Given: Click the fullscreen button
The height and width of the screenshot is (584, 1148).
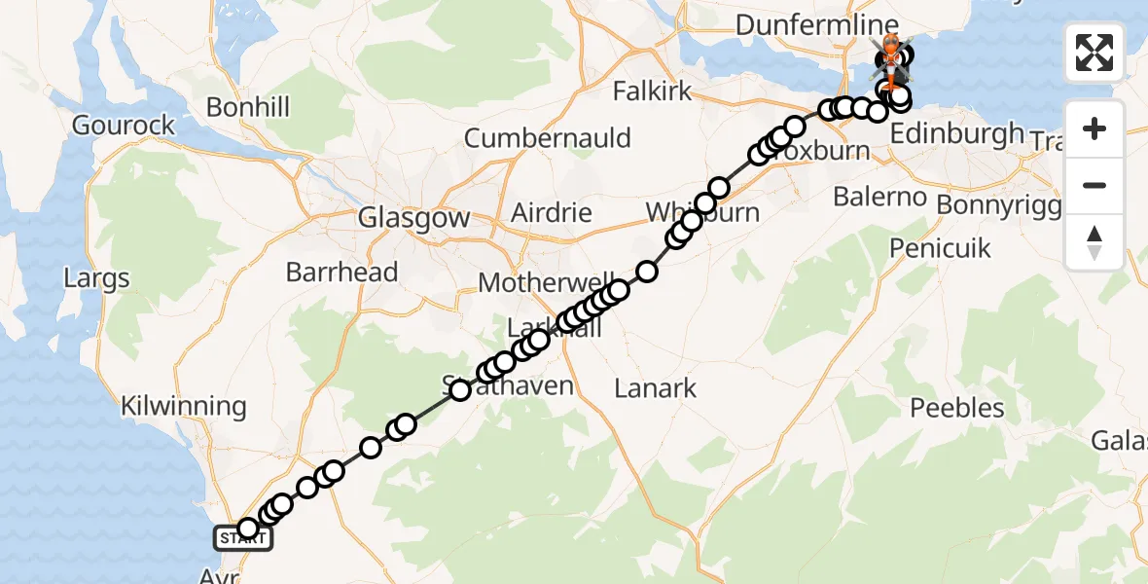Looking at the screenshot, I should click(x=1094, y=53).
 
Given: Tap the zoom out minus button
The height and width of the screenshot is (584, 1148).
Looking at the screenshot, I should click(x=1094, y=185).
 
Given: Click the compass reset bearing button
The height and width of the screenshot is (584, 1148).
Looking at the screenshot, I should click(x=1094, y=241).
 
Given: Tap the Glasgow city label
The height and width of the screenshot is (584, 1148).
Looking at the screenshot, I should click(x=413, y=218).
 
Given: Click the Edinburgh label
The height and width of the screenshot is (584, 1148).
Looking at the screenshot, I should click(x=957, y=133).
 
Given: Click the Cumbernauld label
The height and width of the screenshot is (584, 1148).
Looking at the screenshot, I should click(x=547, y=138).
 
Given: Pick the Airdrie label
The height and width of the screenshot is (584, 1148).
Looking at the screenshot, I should click(x=552, y=212).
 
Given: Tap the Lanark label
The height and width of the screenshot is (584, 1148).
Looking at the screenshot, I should click(x=656, y=388).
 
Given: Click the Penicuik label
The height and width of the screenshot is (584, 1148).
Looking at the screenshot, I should click(x=941, y=248).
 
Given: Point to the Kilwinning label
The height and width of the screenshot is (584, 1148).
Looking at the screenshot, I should click(x=183, y=406).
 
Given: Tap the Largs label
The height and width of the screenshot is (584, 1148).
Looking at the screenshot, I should click(x=96, y=279).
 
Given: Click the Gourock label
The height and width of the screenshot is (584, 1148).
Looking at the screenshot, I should click(x=124, y=125).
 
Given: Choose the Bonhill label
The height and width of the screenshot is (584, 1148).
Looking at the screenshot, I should click(x=247, y=106).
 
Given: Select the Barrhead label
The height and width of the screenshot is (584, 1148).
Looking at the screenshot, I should click(x=342, y=272).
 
